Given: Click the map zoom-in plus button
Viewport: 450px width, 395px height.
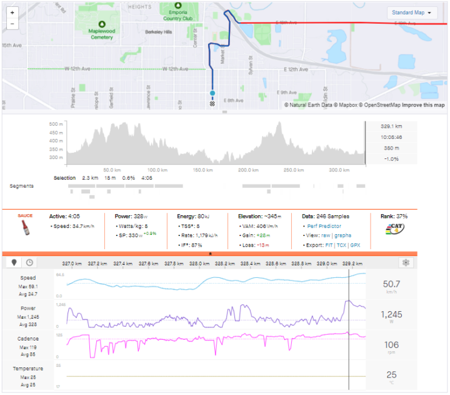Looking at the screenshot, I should [12, 13].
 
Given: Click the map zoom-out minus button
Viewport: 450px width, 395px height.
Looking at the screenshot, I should [12, 24].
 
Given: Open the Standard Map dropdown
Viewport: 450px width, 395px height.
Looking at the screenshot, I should [412, 13].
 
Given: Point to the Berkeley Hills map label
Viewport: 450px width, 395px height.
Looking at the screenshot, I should [157, 31].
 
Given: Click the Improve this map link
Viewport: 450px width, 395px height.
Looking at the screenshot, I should [423, 105].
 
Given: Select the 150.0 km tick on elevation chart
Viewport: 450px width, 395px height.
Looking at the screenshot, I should [202, 170].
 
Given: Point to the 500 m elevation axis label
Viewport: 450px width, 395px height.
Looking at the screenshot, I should [56, 125].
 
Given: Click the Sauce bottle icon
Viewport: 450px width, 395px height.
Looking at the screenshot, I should [25, 227].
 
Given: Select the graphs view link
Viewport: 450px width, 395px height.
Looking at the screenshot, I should [342, 235].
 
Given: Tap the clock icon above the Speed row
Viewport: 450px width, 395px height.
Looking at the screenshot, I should [29, 263].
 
